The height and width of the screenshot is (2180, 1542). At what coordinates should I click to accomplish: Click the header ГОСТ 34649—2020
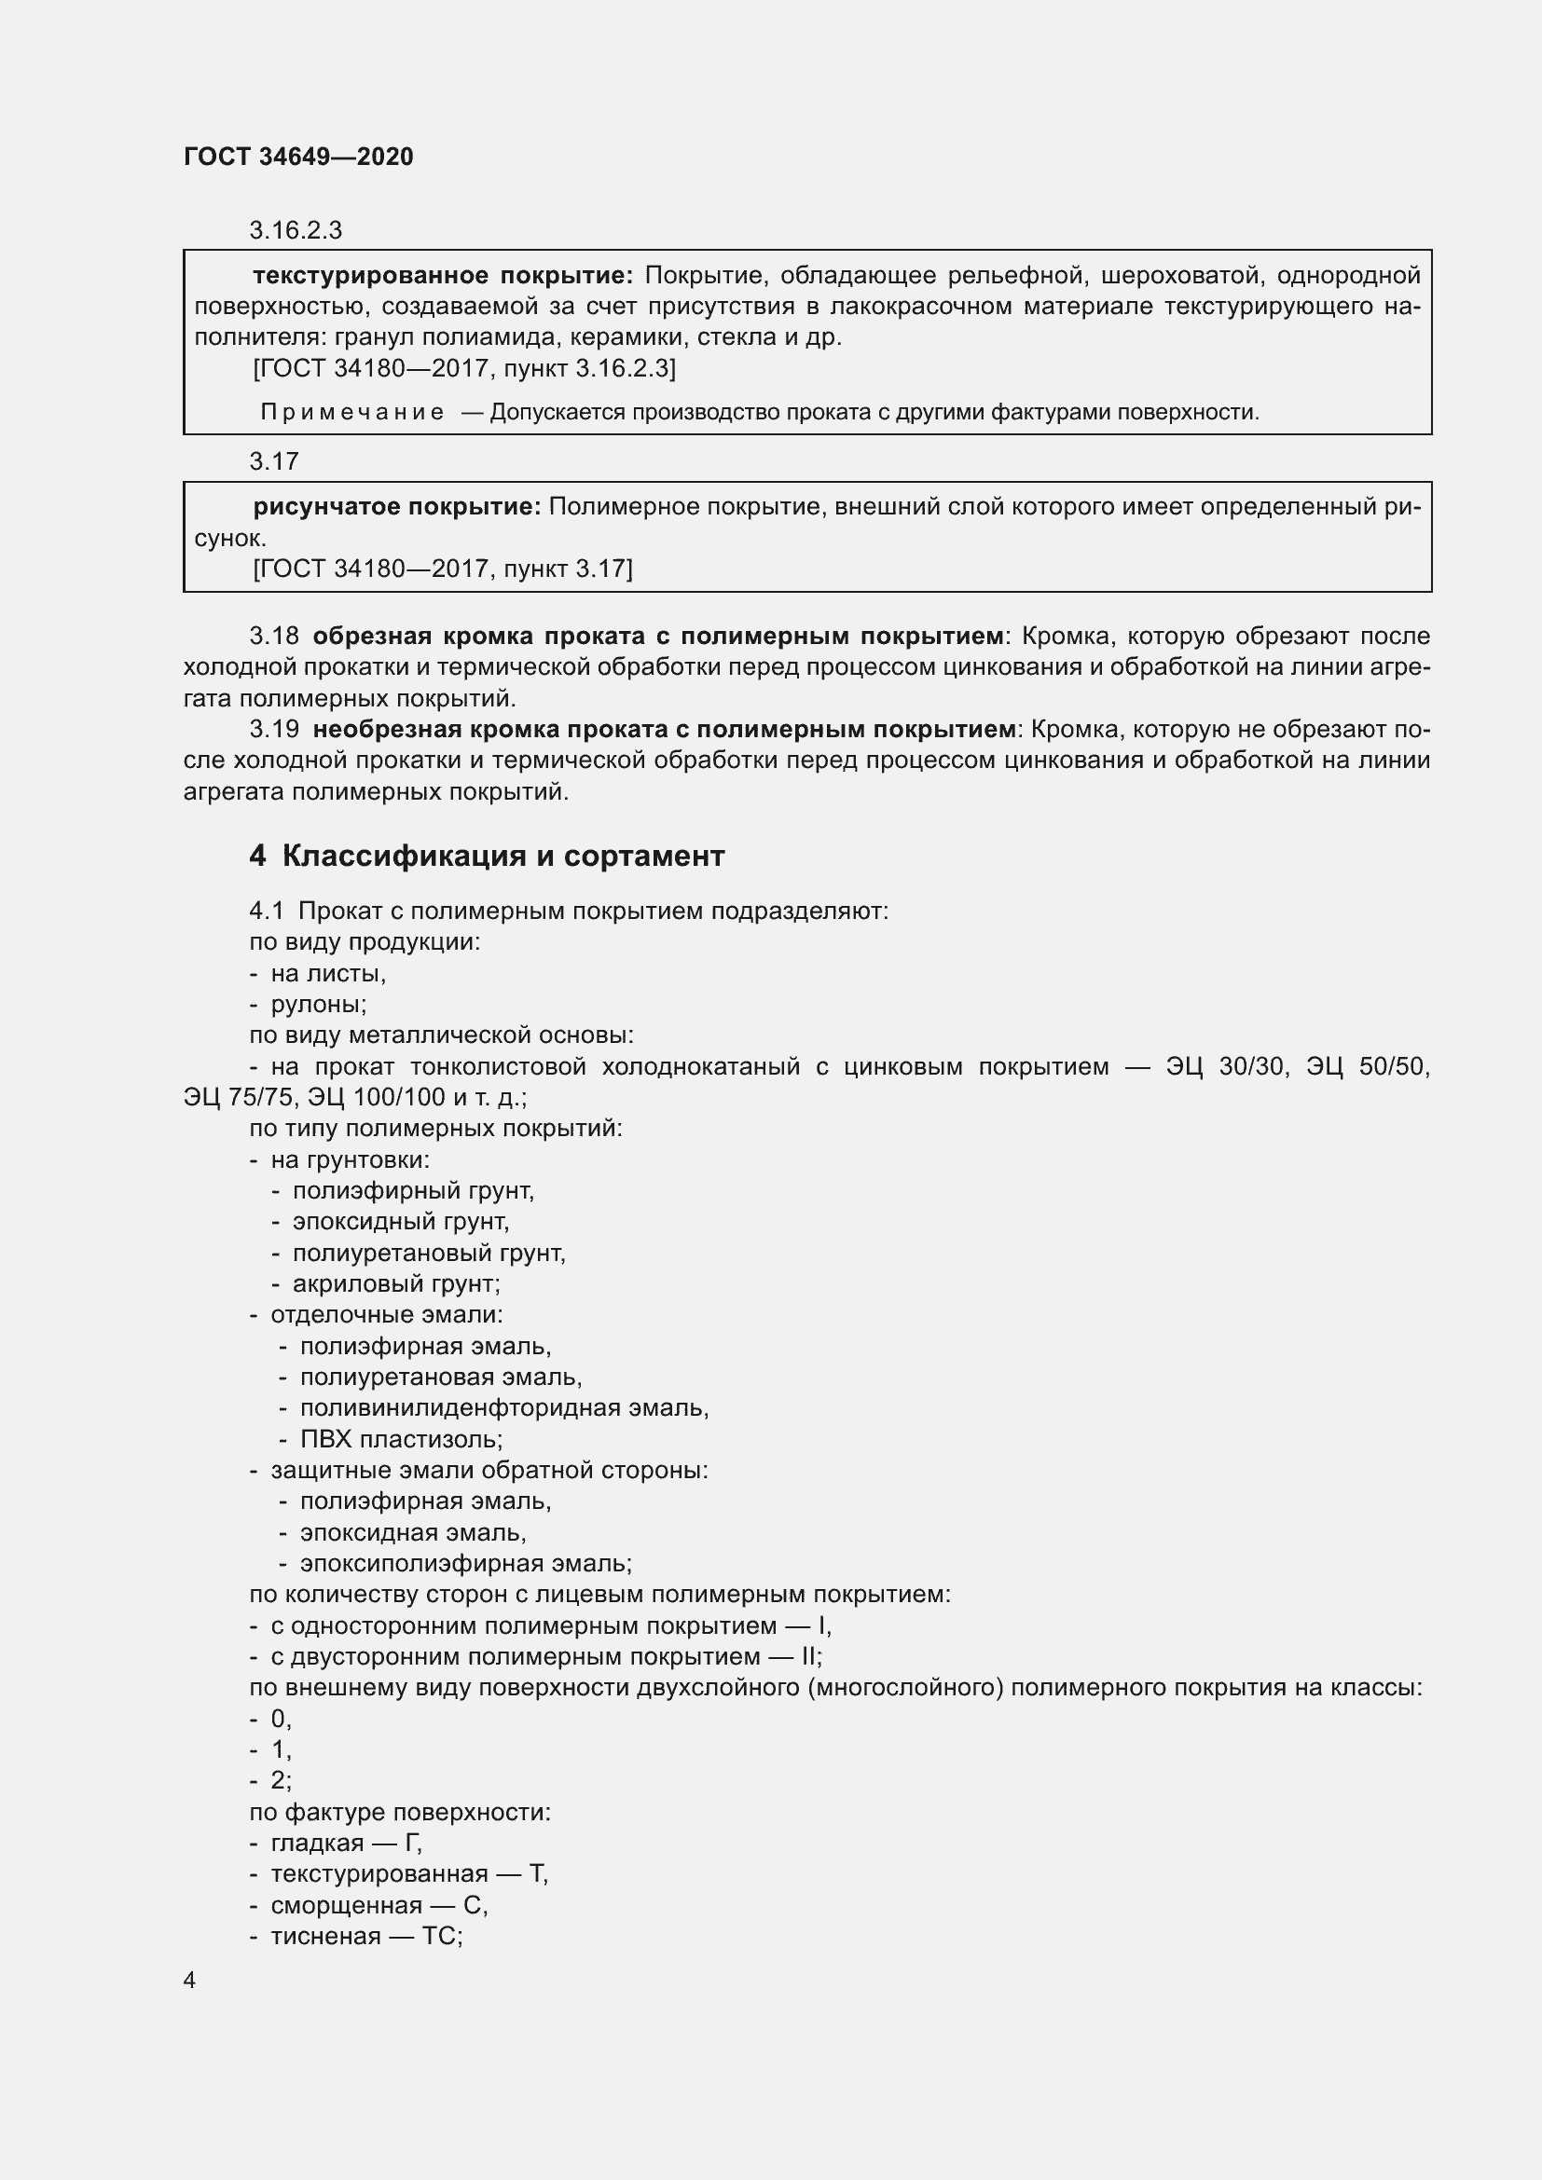tap(298, 157)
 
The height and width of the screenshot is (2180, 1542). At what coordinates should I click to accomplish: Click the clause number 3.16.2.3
tap(296, 230)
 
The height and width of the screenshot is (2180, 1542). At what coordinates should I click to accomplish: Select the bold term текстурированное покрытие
tap(443, 275)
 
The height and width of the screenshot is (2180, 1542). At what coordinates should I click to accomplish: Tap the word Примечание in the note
tap(352, 412)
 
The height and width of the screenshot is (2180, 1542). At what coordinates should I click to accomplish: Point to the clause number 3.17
tap(273, 461)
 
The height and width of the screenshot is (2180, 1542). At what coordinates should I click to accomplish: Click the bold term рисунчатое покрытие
tap(396, 507)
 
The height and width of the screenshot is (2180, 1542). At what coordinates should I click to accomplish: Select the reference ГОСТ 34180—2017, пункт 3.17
tap(443, 569)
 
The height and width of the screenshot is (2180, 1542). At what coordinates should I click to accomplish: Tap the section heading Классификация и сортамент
tap(503, 856)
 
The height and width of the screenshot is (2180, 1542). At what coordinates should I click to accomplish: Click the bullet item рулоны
tap(318, 1004)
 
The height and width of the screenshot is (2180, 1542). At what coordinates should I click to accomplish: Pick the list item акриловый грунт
tap(395, 1283)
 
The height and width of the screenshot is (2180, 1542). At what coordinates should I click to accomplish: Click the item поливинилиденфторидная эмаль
tap(503, 1408)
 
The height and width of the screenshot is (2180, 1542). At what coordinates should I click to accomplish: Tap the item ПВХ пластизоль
tap(401, 1439)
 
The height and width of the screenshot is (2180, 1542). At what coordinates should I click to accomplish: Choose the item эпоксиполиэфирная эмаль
tap(465, 1564)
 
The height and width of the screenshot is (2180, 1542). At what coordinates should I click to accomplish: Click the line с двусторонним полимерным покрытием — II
tap(546, 1657)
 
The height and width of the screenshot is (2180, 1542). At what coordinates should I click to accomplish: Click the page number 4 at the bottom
tap(189, 1980)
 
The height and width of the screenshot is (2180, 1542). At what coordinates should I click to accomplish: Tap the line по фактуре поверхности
tap(400, 1813)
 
